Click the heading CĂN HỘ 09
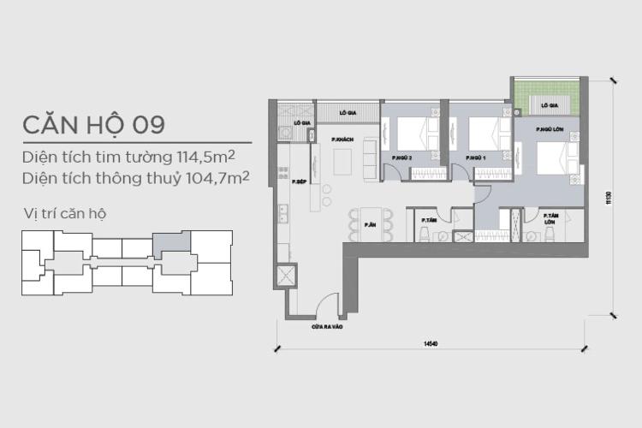94,124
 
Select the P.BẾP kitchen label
299,182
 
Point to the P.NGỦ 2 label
402,158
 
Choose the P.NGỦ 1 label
475,158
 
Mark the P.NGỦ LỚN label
549,129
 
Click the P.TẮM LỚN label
552,218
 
